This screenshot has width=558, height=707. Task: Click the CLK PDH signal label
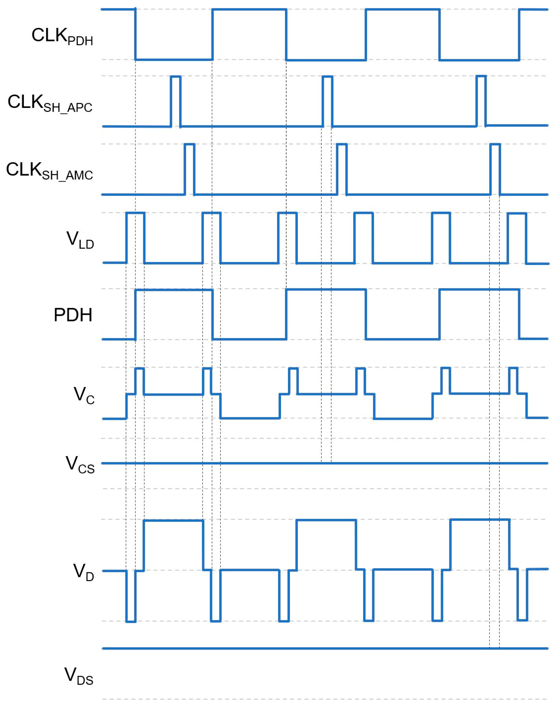[x=62, y=37]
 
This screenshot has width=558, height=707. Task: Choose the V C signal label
[x=84, y=395]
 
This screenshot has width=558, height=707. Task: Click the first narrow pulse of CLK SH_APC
[x=175, y=101]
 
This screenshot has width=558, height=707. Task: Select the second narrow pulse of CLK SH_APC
[x=327, y=101]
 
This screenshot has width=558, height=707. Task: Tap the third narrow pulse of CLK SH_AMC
[x=495, y=169]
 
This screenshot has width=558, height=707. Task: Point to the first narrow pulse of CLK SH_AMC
[x=190, y=169]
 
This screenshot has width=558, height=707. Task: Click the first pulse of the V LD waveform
[x=135, y=237]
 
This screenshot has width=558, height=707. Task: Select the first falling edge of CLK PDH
[x=135, y=35]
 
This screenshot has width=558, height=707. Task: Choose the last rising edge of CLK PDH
[x=519, y=35]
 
